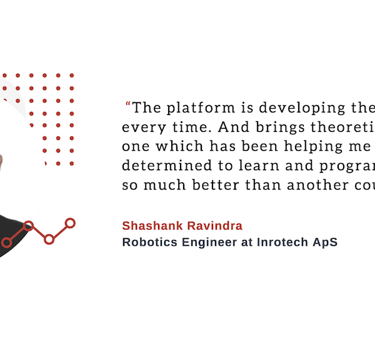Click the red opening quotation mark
[128, 104]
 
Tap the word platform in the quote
[201, 108]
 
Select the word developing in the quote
[302, 108]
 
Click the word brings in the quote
[280, 127]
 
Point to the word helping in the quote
[314, 146]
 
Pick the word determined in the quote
[167, 166]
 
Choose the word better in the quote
[216, 185]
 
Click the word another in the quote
[318, 185]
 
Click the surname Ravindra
[215, 226]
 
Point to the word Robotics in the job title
[150, 242]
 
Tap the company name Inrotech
[282, 242]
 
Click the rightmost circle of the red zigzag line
[70, 223]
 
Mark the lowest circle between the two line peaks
[49, 239]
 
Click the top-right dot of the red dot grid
[72, 76]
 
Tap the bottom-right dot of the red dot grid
[72, 164]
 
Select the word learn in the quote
[259, 166]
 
